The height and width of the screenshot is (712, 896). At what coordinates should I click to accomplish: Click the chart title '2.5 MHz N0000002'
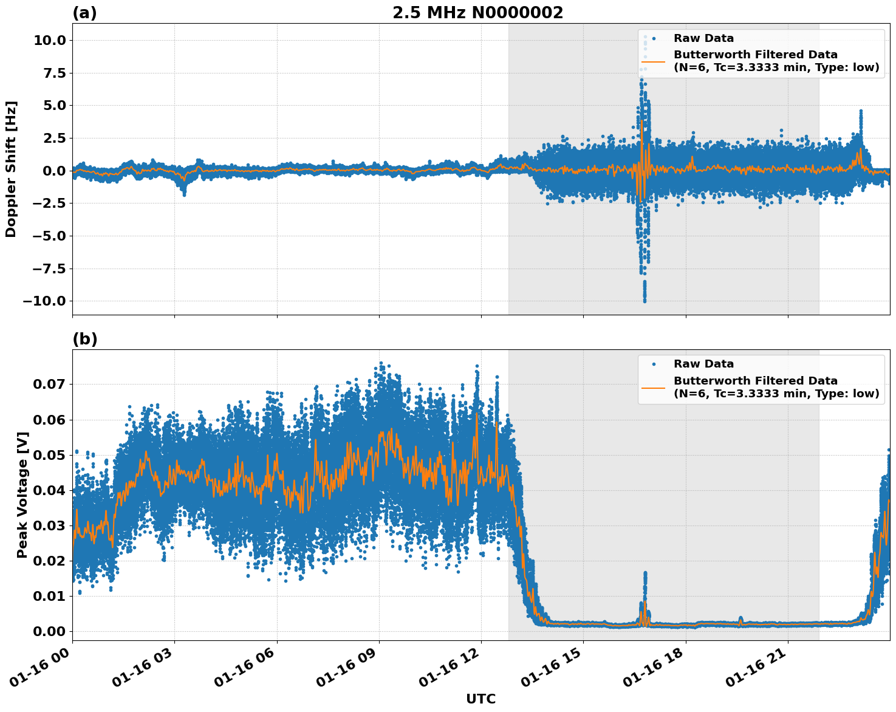tap(477, 13)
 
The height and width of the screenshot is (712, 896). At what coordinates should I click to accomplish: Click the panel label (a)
tap(84, 13)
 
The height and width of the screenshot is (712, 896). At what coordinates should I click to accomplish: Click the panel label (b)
tap(84, 339)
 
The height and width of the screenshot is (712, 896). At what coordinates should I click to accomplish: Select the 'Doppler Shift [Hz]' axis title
tap(11, 169)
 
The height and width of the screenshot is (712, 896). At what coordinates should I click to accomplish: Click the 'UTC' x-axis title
tap(480, 699)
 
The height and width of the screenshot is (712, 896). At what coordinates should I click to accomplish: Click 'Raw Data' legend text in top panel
tap(703, 38)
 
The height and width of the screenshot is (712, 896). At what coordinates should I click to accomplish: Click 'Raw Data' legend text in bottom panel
tap(703, 364)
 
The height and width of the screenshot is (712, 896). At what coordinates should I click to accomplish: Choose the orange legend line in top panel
tap(654, 61)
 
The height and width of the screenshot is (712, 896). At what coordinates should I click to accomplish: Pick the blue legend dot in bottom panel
tap(654, 364)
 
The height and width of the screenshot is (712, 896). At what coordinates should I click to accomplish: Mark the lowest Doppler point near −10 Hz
tap(645, 300)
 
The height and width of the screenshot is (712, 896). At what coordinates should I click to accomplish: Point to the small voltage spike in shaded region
tap(645, 574)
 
